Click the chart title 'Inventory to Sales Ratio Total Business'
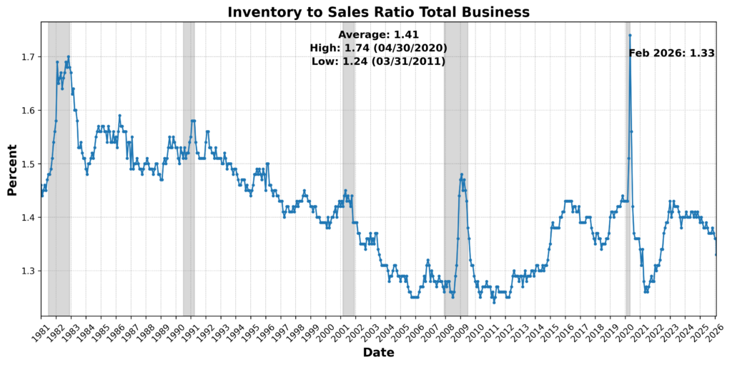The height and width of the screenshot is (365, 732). pyautogui.click(x=378, y=11)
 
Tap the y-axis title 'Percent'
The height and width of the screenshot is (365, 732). pyautogui.click(x=12, y=169)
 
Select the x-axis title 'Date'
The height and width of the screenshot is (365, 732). pyautogui.click(x=378, y=352)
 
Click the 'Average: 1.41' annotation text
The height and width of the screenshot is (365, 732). pyautogui.click(x=378, y=34)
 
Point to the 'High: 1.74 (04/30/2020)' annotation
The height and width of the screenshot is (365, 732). pyautogui.click(x=378, y=48)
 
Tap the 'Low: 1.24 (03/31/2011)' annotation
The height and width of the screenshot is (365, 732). pyautogui.click(x=378, y=61)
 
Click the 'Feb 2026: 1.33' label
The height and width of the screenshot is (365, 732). pyautogui.click(x=671, y=53)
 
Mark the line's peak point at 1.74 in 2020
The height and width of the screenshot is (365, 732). pyautogui.click(x=630, y=35)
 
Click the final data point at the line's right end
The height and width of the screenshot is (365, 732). pyautogui.click(x=716, y=254)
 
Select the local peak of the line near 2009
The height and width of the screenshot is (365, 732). pyautogui.click(x=462, y=174)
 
